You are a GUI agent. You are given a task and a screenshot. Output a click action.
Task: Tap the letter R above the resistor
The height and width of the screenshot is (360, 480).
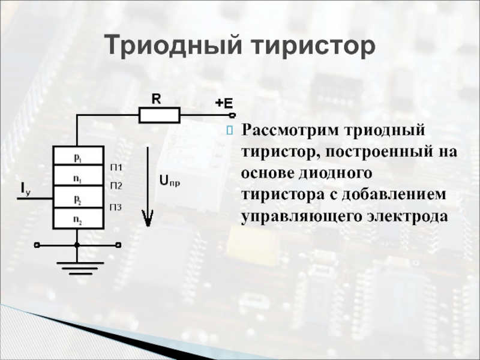pos(155,99)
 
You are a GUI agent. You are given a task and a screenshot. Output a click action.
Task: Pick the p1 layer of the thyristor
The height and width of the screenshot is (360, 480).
pos(78,157)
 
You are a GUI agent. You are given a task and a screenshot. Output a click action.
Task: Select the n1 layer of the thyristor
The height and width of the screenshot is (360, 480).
pos(78,178)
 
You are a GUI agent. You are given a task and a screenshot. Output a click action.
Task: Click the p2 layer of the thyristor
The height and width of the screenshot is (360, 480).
pos(78,198)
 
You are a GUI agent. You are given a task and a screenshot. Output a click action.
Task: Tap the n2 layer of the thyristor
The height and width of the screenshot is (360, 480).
pos(78,219)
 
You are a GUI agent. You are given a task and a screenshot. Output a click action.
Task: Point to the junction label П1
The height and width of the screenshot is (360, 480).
pos(116,166)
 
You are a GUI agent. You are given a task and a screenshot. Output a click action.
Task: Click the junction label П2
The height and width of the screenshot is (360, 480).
pos(116,186)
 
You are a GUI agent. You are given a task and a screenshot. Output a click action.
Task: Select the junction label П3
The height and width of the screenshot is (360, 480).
pos(116,208)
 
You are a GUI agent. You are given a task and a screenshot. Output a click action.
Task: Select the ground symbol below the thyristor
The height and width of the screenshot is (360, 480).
pos(77,268)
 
